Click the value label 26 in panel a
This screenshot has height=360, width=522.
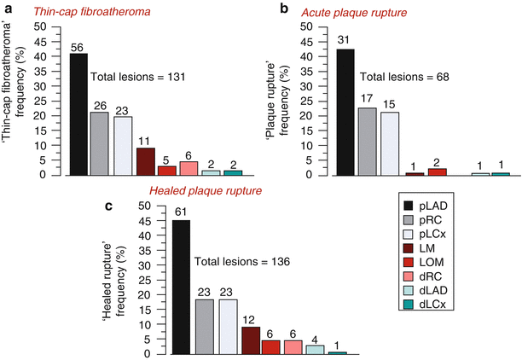(x=99, y=105)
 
